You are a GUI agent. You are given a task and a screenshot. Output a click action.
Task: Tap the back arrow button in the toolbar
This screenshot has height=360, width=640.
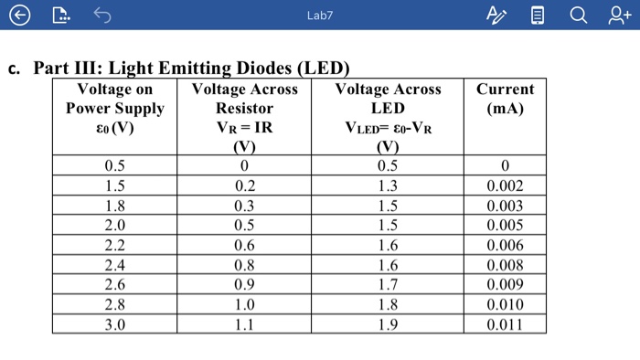pyautogui.click(x=20, y=15)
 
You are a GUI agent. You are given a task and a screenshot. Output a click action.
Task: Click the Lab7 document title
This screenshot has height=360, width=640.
pyautogui.click(x=320, y=16)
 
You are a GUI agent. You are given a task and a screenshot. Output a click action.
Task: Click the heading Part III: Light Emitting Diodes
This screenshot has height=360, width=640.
pyautogui.click(x=191, y=69)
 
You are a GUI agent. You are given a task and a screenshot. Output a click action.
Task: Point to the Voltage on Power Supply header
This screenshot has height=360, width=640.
pyautogui.click(x=114, y=108)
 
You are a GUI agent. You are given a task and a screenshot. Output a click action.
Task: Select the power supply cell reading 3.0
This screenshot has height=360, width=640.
pyautogui.click(x=114, y=323)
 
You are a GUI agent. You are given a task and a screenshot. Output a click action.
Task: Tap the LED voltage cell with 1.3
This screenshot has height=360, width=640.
pyautogui.click(x=388, y=185)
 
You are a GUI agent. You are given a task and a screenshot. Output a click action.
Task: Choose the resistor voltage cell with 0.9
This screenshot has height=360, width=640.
pyautogui.click(x=244, y=284)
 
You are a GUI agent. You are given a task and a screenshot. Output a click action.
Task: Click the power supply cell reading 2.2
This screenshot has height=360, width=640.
pyautogui.click(x=114, y=245)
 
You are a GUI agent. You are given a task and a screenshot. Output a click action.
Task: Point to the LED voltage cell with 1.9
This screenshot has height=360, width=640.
pyautogui.click(x=388, y=323)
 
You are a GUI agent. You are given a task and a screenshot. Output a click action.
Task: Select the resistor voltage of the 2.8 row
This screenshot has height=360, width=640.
pyautogui.click(x=244, y=304)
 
